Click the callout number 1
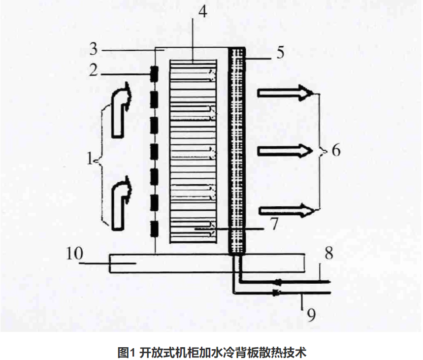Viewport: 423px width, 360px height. point(89,158)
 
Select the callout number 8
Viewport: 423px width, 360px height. point(329,254)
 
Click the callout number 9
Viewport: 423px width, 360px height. point(310,314)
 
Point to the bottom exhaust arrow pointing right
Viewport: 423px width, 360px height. point(286,211)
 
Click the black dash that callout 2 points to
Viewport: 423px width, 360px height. point(155,74)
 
